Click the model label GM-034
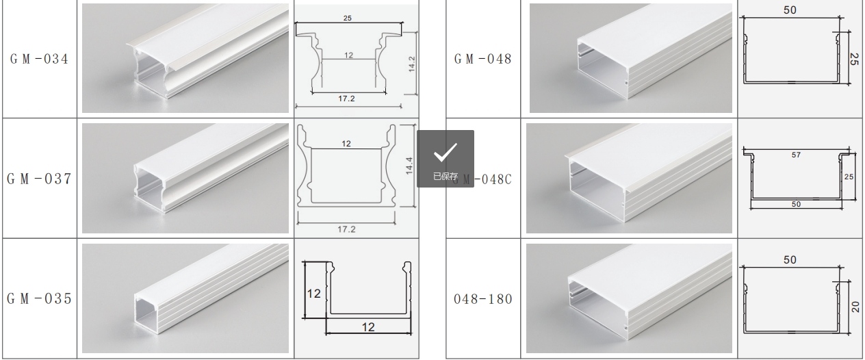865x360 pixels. (x=39, y=59)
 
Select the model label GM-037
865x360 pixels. (x=39, y=179)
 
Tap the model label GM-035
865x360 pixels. (x=39, y=298)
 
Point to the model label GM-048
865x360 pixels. (x=482, y=59)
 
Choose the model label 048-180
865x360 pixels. (x=482, y=299)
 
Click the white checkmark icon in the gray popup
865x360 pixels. (x=446, y=152)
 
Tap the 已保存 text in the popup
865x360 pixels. (x=446, y=177)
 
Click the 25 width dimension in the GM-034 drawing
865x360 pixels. (x=347, y=18)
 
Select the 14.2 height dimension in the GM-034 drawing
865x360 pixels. (x=412, y=64)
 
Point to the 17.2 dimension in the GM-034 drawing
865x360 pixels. (x=346, y=99)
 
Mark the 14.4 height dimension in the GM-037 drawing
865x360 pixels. (x=409, y=166)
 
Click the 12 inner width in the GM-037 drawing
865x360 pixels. (x=346, y=144)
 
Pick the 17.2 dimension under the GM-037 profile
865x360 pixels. (x=346, y=229)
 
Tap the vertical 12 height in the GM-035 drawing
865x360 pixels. (x=313, y=294)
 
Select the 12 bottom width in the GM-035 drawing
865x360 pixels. (x=368, y=328)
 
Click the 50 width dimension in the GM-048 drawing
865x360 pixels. (x=790, y=10)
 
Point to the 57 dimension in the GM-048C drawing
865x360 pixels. (x=796, y=155)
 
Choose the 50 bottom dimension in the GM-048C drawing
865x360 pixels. (x=796, y=205)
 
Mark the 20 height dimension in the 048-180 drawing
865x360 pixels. (x=855, y=307)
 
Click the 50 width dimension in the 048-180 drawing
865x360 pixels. (x=790, y=260)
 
